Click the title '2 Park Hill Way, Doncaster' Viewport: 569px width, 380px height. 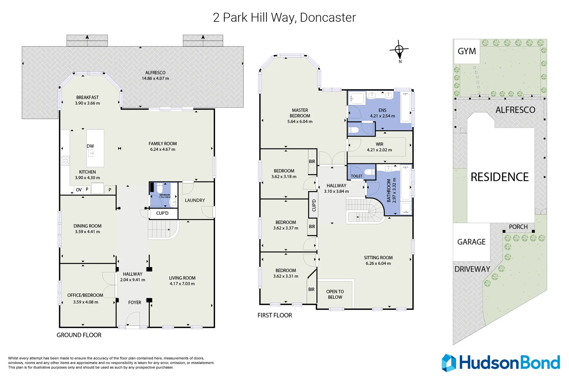pyautogui.click(x=284, y=18)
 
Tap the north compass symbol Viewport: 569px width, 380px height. pyautogui.click(x=399, y=50)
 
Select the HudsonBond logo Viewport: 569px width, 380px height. pyautogui.click(x=500, y=363)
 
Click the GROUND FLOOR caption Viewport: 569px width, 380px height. pyautogui.click(x=79, y=335)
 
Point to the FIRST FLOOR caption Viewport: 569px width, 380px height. pyautogui.click(x=274, y=315)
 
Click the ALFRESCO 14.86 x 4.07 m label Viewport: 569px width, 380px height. pyautogui.click(x=155, y=76)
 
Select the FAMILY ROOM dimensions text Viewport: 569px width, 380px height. pyautogui.click(x=162, y=149)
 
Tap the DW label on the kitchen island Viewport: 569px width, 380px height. pyautogui.click(x=90, y=146)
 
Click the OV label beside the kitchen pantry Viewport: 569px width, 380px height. pyautogui.click(x=79, y=190)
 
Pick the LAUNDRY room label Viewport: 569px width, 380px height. pyautogui.click(x=195, y=200)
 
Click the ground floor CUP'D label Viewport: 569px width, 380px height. pyautogui.click(x=162, y=213)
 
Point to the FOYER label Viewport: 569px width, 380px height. pyautogui.click(x=135, y=302)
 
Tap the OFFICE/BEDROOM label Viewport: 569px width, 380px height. pyautogui.click(x=85, y=295)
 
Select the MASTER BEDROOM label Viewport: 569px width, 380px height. pyautogui.click(x=300, y=113)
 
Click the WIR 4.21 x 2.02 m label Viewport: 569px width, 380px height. pyautogui.click(x=379, y=147)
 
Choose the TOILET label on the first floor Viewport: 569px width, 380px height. pyautogui.click(x=356, y=176)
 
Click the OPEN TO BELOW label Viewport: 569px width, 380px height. pyautogui.click(x=335, y=294)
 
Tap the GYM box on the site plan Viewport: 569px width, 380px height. pyautogui.click(x=467, y=51)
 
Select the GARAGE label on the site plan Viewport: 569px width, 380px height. pyautogui.click(x=471, y=242)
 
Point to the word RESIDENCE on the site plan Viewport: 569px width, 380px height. pyautogui.click(x=499, y=177)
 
